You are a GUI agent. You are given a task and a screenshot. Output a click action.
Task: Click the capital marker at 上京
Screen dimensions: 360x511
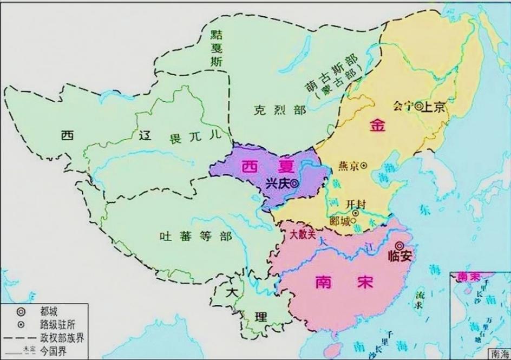pyautogui.click(x=418, y=107)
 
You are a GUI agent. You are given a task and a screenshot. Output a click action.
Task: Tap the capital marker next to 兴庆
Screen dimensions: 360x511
pyautogui.click(x=294, y=184)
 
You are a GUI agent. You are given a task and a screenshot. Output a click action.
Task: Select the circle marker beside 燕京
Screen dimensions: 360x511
pyautogui.click(x=364, y=165)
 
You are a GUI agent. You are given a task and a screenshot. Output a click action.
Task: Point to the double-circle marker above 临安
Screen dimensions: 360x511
pyautogui.click(x=400, y=245)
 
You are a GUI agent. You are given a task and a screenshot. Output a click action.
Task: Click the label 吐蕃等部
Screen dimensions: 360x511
pyautogui.click(x=195, y=237)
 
